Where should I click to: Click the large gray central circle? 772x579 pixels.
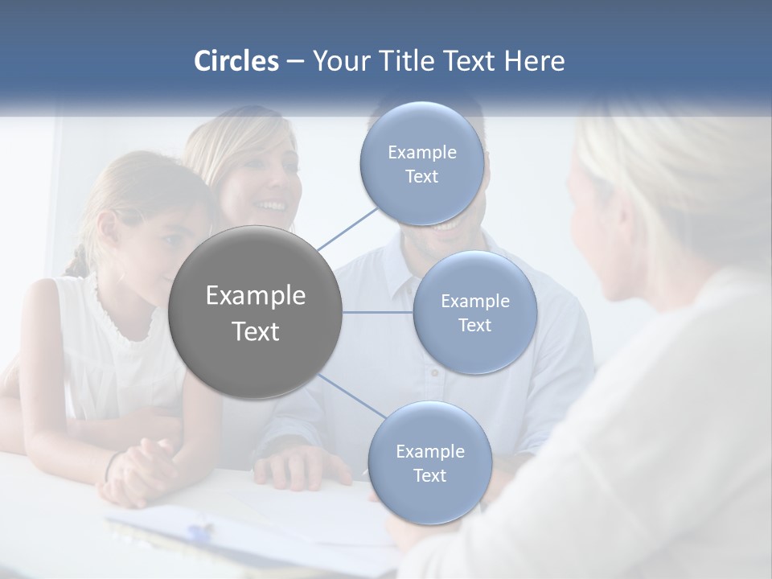(x=256, y=313)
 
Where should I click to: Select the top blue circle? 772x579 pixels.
(x=422, y=163)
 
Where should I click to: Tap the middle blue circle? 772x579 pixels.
(x=475, y=312)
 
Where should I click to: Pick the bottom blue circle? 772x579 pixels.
(x=429, y=462)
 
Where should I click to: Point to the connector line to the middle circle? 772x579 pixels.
(x=378, y=312)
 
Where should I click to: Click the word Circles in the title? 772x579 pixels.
(x=236, y=61)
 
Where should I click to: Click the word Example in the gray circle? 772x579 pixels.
(x=256, y=296)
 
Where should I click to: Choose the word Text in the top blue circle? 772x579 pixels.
(x=421, y=176)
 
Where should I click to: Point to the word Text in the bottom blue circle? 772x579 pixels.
(x=429, y=475)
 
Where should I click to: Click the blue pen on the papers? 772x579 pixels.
(x=200, y=532)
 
